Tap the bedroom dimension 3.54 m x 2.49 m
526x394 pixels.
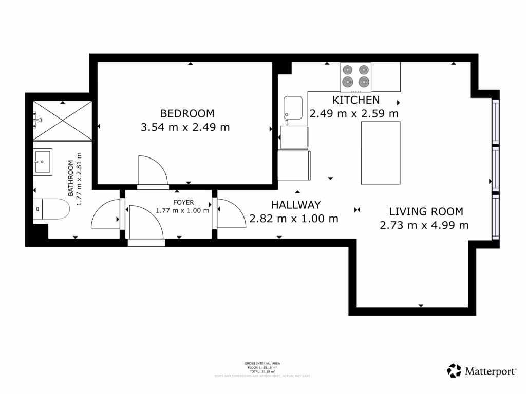point(185,127)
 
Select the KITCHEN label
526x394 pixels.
point(356,100)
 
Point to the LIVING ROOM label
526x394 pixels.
point(426,211)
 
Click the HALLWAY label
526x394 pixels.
point(296,205)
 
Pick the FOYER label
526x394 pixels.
point(183,203)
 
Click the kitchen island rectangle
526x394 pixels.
point(381,153)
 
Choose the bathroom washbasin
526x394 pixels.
point(43,162)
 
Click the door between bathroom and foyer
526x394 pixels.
point(106,214)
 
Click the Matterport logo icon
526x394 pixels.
point(454,370)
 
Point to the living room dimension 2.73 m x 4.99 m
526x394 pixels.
point(424,225)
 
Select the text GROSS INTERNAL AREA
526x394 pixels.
point(262,363)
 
